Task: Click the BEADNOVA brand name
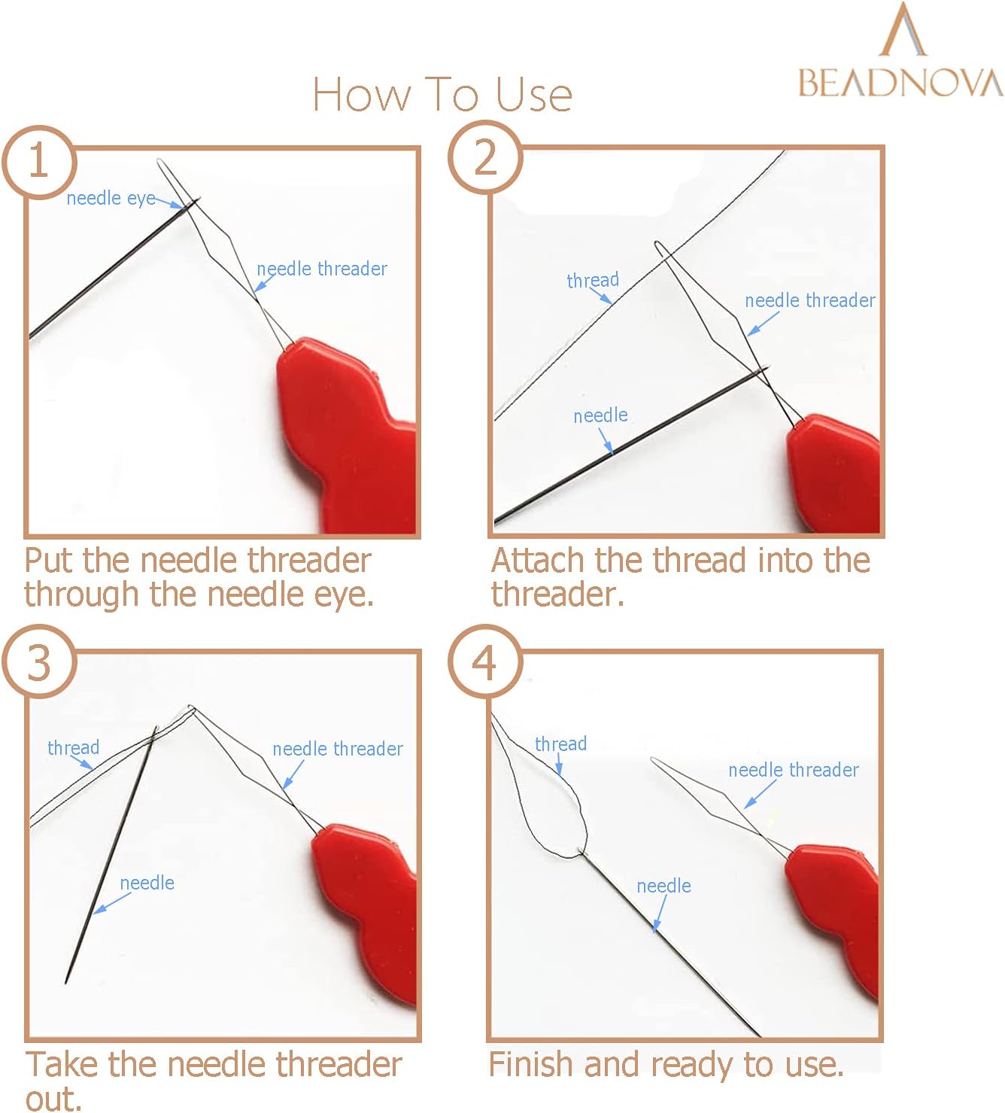pos(900,84)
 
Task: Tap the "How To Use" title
pos(442,94)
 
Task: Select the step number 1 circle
pos(39,162)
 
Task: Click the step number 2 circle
pos(485,157)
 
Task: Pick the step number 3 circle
pos(39,661)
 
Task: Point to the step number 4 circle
pos(485,661)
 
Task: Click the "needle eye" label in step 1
pos(111,199)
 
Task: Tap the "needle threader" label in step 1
pos(322,269)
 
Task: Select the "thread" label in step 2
pos(593,280)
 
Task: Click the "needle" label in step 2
pos(601,415)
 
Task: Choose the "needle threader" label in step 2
pos(809,301)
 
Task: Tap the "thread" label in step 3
pos(73,748)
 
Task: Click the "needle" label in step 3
pos(147,883)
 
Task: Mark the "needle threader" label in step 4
pos(793,770)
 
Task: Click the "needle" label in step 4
pos(663,886)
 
